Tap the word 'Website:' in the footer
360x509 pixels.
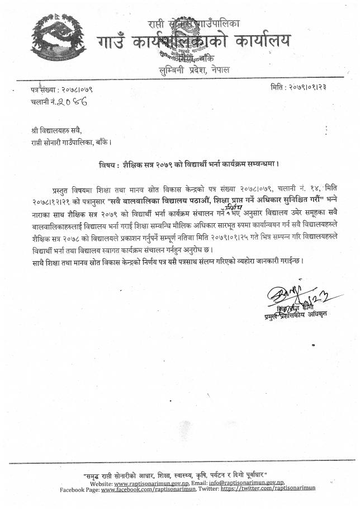105,483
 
